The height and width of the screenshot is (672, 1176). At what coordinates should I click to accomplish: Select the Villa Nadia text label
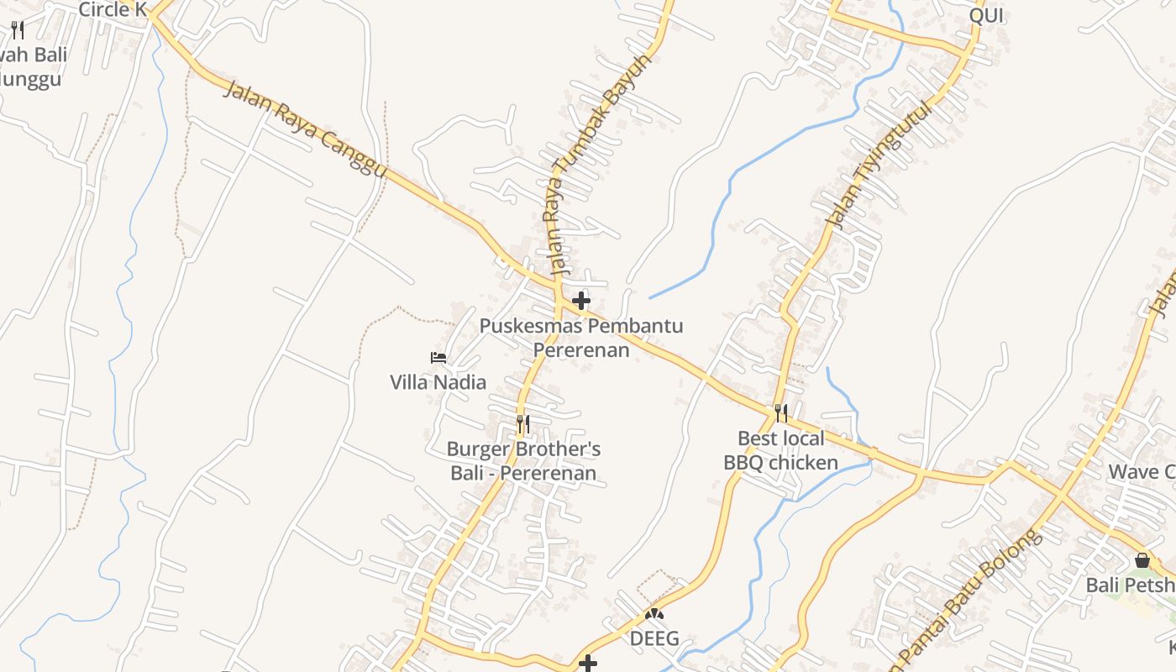point(438,382)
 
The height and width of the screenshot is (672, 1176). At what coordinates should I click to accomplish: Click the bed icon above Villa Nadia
point(438,358)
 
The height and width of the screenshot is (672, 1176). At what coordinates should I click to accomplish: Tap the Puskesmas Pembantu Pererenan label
point(581,338)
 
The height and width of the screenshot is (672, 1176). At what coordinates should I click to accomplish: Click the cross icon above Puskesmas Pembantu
point(580,301)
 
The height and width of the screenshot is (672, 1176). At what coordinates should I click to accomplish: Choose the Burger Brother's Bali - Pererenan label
point(523,461)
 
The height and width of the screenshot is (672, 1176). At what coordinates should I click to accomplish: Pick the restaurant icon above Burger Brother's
point(522,424)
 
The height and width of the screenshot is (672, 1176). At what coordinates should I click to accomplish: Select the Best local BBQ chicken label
point(780,450)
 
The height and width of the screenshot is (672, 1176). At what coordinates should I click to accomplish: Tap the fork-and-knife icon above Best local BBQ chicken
point(781,412)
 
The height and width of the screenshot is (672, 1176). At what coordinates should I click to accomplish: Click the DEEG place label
point(654,638)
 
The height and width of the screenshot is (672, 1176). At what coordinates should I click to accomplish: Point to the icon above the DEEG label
point(654,614)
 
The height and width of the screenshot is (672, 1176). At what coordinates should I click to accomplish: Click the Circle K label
point(112,10)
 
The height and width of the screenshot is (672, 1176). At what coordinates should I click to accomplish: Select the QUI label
point(986,16)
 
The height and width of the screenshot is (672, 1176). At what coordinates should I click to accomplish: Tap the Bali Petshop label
point(1131,585)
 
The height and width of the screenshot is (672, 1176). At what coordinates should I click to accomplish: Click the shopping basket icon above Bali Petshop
point(1142,559)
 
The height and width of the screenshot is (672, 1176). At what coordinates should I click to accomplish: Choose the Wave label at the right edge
point(1142,471)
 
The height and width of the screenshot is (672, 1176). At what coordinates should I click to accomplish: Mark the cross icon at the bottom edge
point(588,664)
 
